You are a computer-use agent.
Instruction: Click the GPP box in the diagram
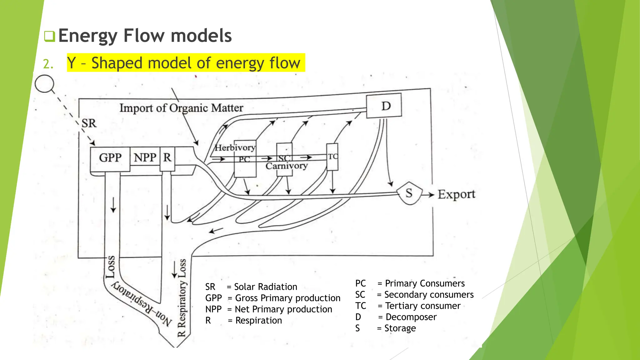click(110, 158)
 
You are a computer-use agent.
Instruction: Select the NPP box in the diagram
click(145, 157)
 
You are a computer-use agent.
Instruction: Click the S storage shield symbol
click(409, 193)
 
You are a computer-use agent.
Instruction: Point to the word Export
click(456, 194)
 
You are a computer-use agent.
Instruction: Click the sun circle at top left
click(44, 84)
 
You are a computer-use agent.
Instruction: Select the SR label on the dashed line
click(89, 123)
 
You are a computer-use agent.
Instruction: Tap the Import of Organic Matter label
click(181, 108)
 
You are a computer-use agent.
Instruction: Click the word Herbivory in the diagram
click(235, 147)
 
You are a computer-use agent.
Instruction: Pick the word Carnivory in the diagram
click(287, 166)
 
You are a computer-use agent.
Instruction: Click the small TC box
click(332, 157)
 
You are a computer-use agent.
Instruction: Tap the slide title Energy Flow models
click(145, 36)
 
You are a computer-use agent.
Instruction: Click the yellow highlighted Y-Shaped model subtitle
click(186, 63)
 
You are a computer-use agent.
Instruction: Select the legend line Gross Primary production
click(272, 298)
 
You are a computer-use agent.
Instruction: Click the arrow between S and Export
click(428, 195)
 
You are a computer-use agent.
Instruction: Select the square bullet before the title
click(49, 36)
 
